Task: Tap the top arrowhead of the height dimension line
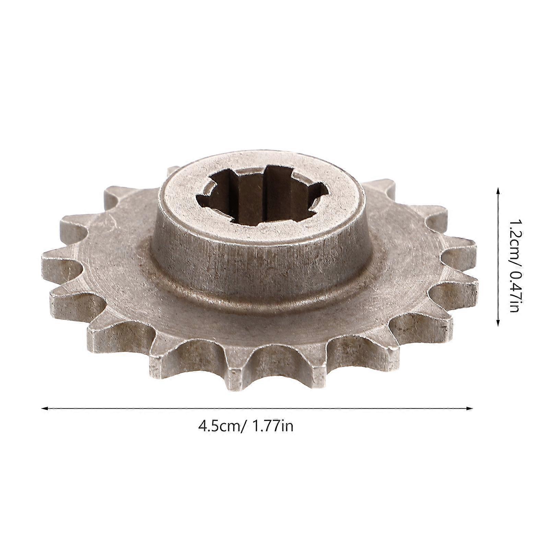click(x=498, y=190)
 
